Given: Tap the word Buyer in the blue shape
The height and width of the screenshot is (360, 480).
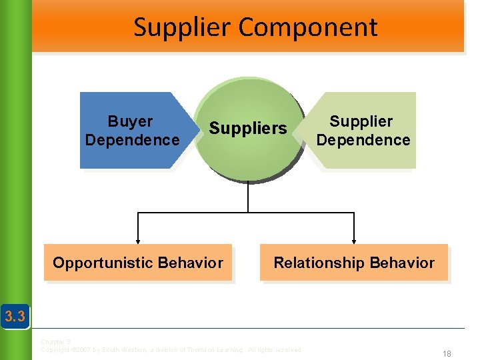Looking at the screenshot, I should tap(130, 121).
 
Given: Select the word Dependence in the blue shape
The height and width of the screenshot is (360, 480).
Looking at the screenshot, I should tap(132, 140).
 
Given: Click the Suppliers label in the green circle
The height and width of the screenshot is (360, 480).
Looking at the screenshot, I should tap(247, 128).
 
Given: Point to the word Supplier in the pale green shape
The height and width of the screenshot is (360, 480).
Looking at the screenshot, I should tap(361, 121).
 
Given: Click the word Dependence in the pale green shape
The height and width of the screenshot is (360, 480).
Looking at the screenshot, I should tap(363, 140).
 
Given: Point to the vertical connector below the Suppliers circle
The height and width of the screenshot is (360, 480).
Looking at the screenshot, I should tap(248, 197).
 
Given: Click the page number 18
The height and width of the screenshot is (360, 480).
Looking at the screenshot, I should tap(446, 354).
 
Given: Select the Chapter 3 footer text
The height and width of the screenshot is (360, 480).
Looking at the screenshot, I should tap(55, 342).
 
